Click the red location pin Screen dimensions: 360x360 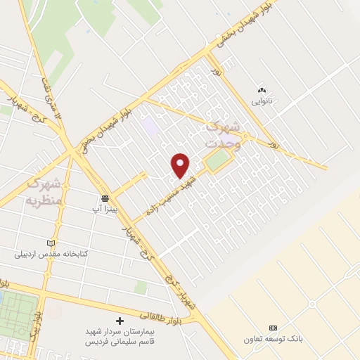181,165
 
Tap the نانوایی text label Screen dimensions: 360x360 262,101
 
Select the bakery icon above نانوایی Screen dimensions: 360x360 262,90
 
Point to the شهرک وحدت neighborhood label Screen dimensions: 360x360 222,134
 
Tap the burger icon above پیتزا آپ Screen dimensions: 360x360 105,198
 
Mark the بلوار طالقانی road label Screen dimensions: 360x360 165,307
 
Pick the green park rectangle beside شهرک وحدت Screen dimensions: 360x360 218,161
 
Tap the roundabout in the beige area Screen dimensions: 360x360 311,304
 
